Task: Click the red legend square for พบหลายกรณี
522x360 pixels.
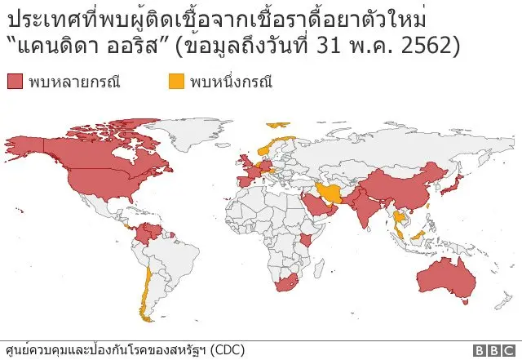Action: tap(15, 82)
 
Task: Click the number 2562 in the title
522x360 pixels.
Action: tap(430, 46)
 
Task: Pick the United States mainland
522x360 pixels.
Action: tap(106, 179)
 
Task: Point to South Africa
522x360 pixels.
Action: tap(285, 285)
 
